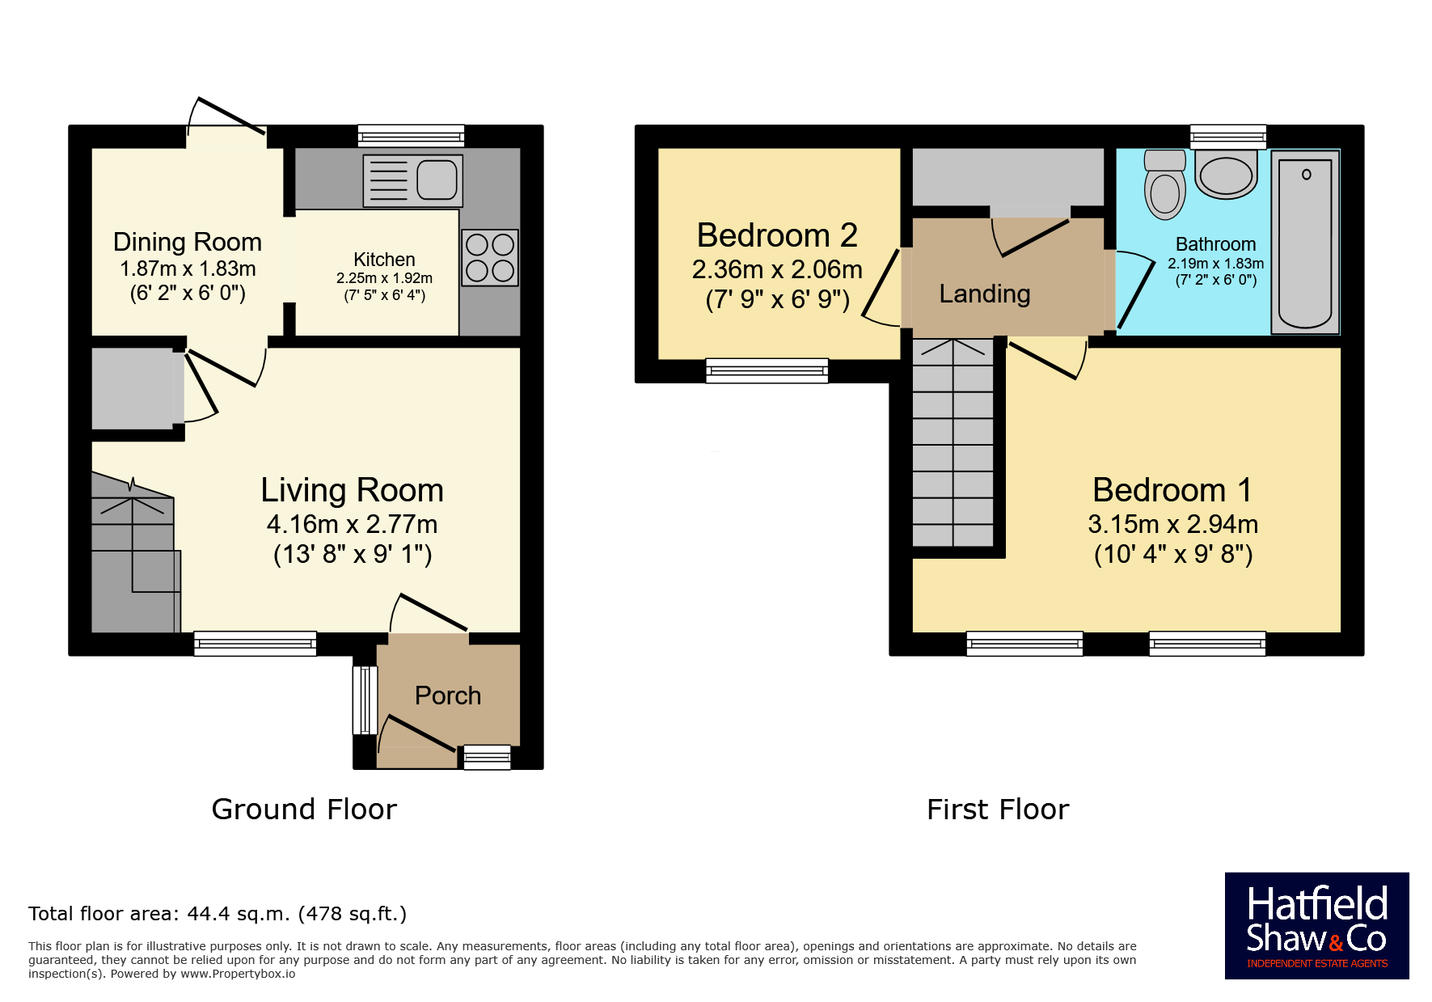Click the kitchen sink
coord(413,180)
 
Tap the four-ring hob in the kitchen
coord(490,258)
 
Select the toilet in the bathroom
coord(1165,184)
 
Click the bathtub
coord(1305,242)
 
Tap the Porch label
coord(448,695)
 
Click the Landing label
coord(985,294)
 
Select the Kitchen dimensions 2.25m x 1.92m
coord(385,278)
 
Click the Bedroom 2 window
coord(767,370)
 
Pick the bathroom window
coord(1228,136)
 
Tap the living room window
coord(256,643)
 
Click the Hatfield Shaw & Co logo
coord(1317,926)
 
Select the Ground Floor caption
coord(304,810)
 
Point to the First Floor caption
coord(998,810)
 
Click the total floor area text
coord(218,914)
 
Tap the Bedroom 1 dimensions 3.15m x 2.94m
coord(1173,524)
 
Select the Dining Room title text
coord(188,242)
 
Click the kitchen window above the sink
coord(412,136)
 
